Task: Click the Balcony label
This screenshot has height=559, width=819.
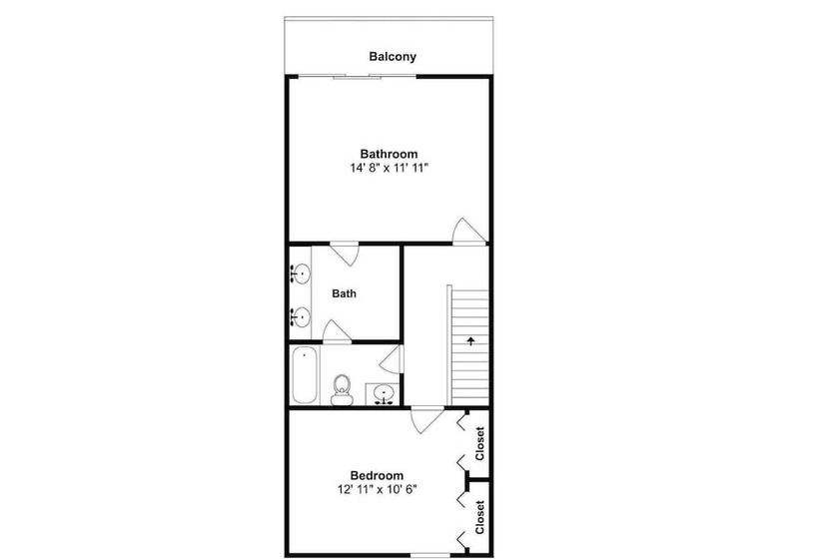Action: click(393, 56)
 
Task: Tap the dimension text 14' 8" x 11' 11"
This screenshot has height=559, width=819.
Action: click(390, 168)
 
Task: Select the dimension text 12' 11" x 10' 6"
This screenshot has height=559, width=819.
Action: click(378, 489)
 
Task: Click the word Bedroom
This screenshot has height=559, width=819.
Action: click(377, 475)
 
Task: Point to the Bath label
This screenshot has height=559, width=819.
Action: click(345, 293)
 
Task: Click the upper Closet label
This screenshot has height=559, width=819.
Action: click(480, 443)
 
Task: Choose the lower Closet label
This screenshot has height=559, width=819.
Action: click(480, 517)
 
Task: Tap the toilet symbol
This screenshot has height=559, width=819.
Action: click(343, 390)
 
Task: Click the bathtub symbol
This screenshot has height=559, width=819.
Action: click(304, 374)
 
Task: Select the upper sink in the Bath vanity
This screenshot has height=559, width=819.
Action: click(301, 274)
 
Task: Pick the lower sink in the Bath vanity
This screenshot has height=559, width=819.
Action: click(301, 316)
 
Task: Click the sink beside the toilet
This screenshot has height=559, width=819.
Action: click(384, 393)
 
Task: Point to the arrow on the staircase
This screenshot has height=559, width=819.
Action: click(471, 341)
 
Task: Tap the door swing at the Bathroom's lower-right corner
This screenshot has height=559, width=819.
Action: click(468, 232)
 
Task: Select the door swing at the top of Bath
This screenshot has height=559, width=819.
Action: click(345, 254)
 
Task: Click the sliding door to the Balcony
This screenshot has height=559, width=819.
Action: click(358, 77)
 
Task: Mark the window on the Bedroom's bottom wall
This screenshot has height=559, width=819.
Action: click(430, 555)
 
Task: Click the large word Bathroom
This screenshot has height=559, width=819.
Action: click(390, 154)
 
